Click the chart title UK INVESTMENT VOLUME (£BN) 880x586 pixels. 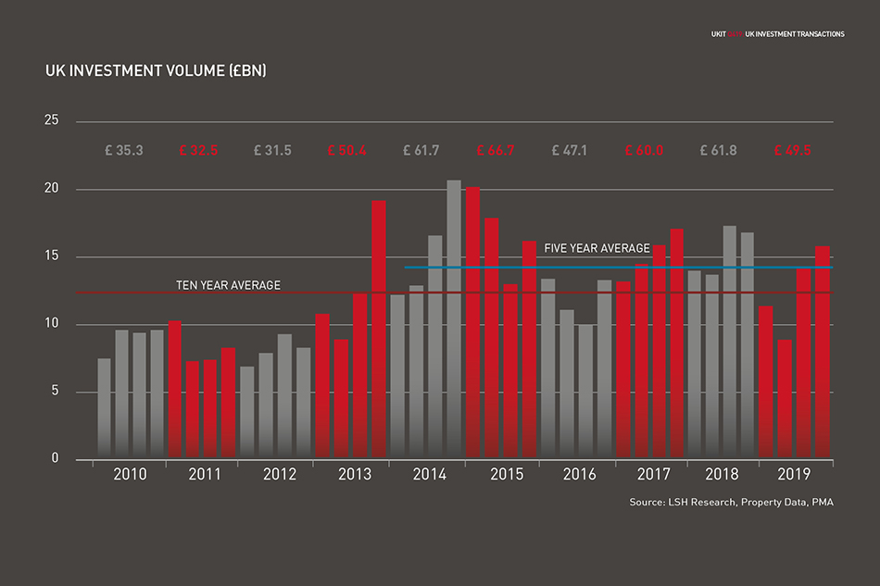[x=156, y=70]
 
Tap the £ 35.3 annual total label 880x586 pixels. [x=124, y=150]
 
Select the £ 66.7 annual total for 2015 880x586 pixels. [x=496, y=150]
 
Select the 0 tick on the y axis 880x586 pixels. [x=55, y=459]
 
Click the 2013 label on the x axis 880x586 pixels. [x=355, y=475]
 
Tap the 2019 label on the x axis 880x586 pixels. [x=793, y=475]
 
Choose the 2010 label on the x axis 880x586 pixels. [x=130, y=475]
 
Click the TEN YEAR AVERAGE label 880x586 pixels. [x=228, y=285]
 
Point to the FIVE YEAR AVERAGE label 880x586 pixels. [x=597, y=248]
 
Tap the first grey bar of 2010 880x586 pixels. [x=105, y=408]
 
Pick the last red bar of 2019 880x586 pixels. [x=822, y=352]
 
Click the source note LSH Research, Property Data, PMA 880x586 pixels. [x=723, y=503]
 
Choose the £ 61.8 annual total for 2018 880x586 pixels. [x=719, y=150]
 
